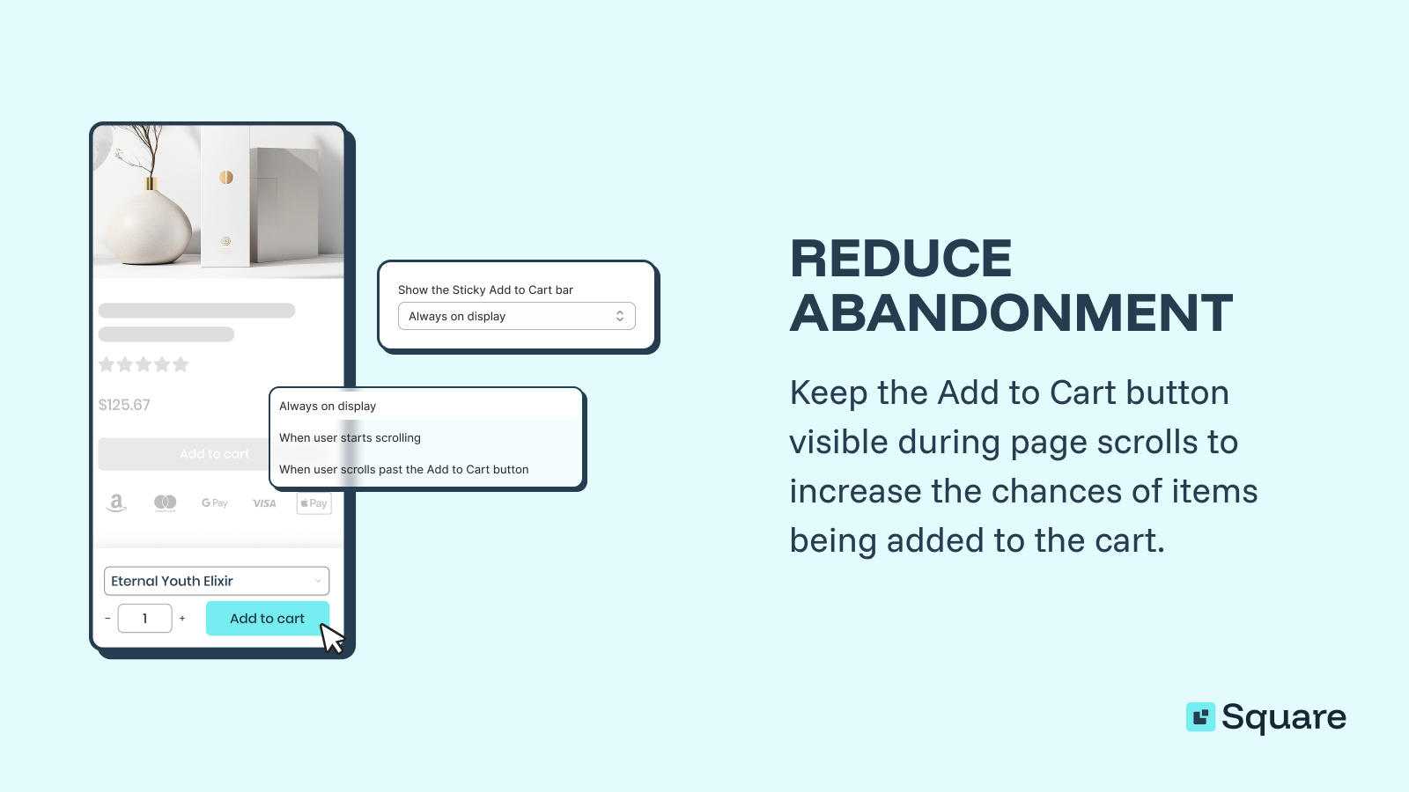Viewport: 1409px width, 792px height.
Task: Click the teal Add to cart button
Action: coord(267,619)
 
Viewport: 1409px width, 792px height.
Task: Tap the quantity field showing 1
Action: coord(145,619)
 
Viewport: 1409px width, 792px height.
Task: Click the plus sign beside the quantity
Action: coord(182,619)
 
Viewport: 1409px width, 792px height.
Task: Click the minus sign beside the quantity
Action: coord(107,619)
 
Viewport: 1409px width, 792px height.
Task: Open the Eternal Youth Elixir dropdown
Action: coord(217,581)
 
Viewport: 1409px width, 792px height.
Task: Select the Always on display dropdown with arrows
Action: coord(516,316)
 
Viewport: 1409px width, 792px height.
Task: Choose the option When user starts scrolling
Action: coord(350,437)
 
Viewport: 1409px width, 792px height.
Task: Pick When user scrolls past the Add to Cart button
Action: coord(403,469)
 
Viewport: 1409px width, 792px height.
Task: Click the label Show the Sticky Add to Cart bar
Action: coord(485,290)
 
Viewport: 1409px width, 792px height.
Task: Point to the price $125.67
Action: coord(124,405)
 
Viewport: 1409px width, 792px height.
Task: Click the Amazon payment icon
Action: coord(116,502)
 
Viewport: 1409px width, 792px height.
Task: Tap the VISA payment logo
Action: coord(264,503)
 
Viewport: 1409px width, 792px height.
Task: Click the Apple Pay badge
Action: coord(314,503)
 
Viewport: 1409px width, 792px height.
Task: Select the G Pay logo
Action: coord(214,503)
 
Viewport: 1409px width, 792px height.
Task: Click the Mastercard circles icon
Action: coord(165,502)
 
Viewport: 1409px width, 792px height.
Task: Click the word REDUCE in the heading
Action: coord(900,259)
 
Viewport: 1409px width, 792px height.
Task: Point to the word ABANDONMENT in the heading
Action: coord(1010,312)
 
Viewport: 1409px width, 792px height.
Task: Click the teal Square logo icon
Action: coord(1200,717)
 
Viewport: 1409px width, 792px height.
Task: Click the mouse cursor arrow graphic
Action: coord(331,638)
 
